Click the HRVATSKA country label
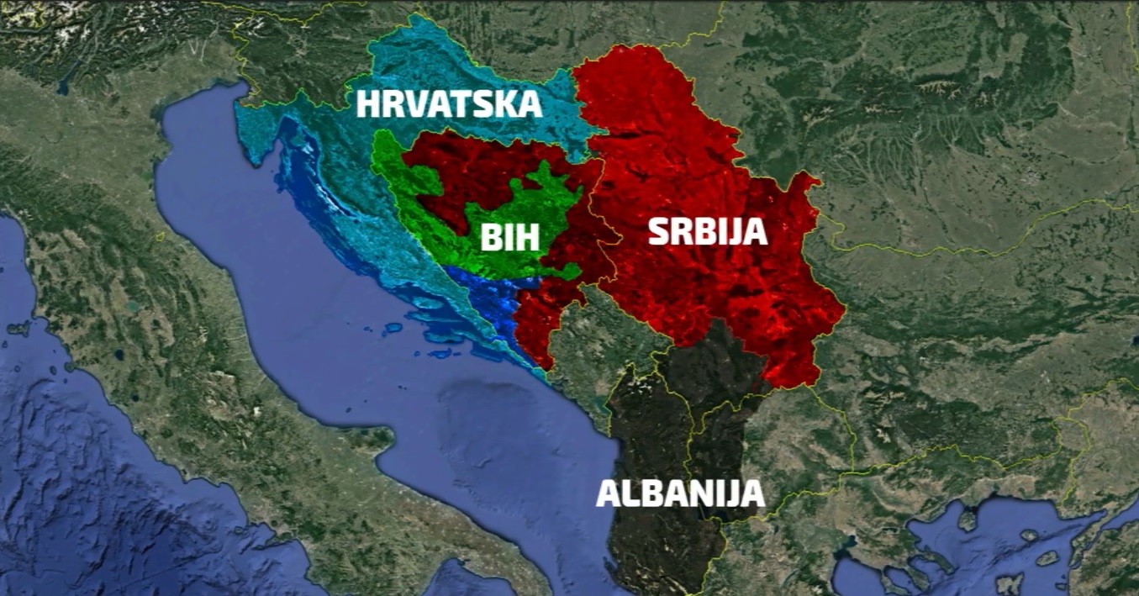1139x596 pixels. (449, 105)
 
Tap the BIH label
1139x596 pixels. (509, 238)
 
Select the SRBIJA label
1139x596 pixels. (708, 231)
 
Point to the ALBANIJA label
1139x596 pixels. (680, 493)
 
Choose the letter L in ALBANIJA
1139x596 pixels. (630, 493)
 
